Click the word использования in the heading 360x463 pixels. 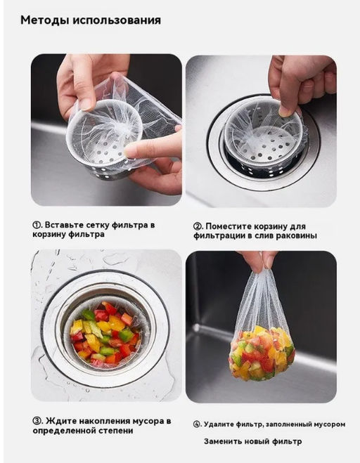(117, 20)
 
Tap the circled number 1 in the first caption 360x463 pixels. (36, 225)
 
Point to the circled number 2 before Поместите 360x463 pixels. (197, 227)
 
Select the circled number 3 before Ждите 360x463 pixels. (37, 421)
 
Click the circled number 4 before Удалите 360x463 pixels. (197, 424)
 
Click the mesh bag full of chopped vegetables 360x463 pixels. (262, 334)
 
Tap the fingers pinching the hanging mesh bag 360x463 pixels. (257, 261)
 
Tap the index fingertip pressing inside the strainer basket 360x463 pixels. (130, 151)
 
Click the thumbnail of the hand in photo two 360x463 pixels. (285, 111)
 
